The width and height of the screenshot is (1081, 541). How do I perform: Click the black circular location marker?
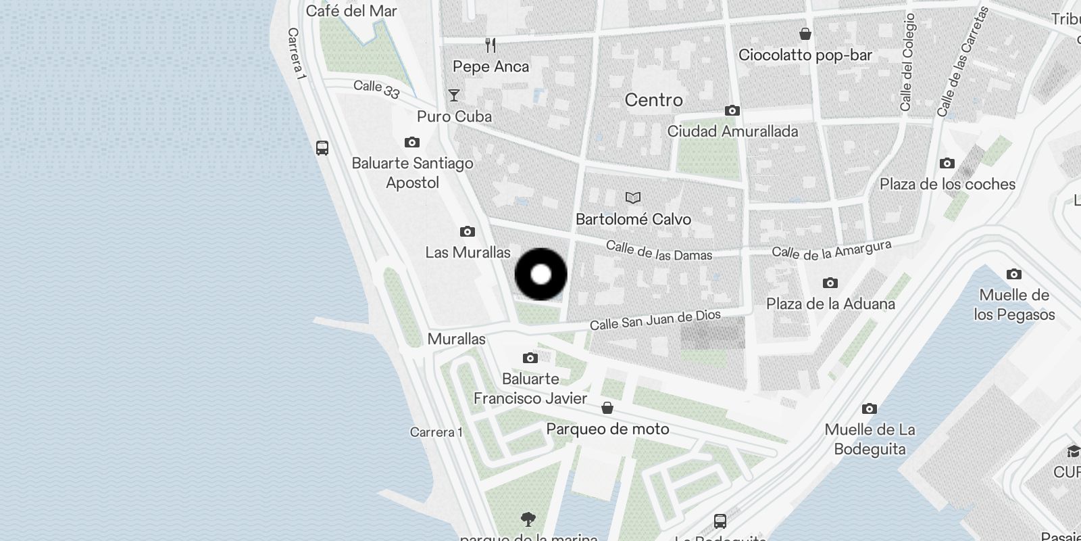click(540, 275)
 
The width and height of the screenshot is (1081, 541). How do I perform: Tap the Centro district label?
click(653, 100)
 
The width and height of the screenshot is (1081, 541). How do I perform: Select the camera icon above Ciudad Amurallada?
click(732, 110)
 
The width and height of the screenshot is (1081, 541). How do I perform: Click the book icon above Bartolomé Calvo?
click(632, 197)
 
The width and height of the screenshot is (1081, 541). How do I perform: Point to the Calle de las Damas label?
click(659, 251)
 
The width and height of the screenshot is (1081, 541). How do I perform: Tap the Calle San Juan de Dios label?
click(655, 320)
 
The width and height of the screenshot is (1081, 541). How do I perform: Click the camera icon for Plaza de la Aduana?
click(830, 283)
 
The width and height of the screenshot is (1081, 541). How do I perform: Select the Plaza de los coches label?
click(947, 184)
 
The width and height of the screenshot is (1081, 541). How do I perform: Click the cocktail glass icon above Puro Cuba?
click(454, 95)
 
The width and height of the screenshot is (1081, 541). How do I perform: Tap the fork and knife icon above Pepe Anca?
click(491, 45)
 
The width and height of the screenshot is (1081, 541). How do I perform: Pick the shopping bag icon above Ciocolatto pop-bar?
click(805, 34)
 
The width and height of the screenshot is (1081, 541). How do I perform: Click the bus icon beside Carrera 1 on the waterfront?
click(322, 148)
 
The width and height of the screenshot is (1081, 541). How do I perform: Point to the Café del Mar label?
click(351, 11)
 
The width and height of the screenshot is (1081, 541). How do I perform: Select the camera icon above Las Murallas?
click(467, 232)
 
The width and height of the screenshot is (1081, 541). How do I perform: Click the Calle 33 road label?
click(376, 89)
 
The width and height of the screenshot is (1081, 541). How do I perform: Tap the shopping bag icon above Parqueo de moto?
click(607, 408)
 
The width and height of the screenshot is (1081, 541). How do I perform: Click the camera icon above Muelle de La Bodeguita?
click(870, 408)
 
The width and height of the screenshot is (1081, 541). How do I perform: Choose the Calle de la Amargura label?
click(831, 251)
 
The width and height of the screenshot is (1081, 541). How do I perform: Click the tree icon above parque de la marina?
click(528, 519)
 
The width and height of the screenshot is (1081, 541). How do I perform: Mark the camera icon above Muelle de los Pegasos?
click(1013, 274)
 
